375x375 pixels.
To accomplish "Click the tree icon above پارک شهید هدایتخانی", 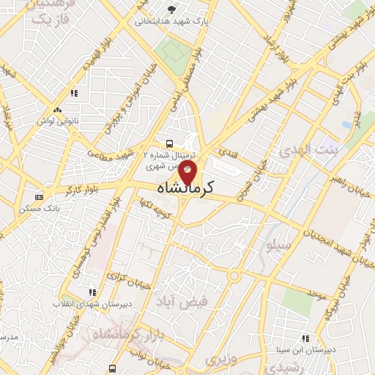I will [171, 9].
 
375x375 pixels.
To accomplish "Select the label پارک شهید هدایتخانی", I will [171, 21].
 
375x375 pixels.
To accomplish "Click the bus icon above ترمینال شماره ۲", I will [169, 144].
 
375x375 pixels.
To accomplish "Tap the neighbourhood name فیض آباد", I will [183, 301].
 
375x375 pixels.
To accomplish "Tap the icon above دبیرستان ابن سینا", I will [305, 338].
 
